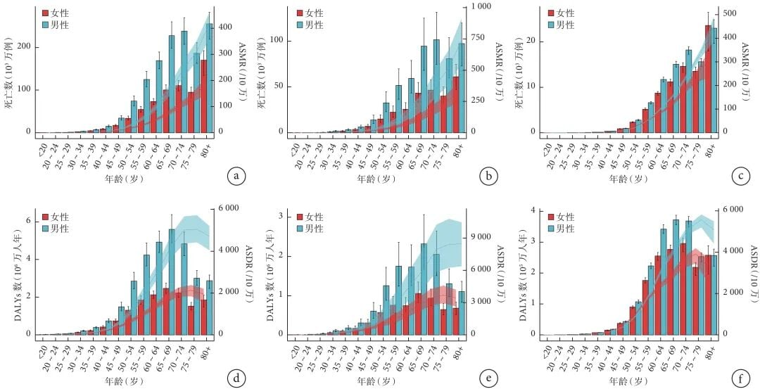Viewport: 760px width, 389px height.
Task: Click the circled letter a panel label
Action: click(x=235, y=176)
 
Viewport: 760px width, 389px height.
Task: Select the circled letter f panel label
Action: click(x=739, y=379)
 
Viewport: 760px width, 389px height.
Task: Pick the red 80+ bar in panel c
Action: click(x=708, y=79)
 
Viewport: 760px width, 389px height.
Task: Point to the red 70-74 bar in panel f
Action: click(x=683, y=288)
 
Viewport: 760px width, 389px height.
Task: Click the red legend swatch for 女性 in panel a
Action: click(x=46, y=13)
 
